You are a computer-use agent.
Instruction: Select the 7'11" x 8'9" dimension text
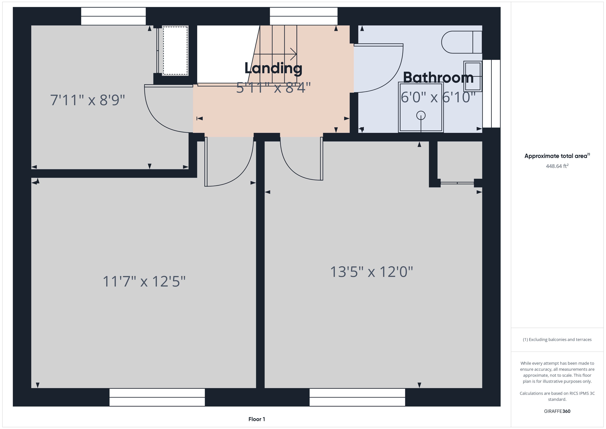click(x=87, y=100)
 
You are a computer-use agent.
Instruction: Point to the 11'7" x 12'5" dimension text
click(x=144, y=281)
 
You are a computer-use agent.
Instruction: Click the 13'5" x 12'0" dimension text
click(x=371, y=272)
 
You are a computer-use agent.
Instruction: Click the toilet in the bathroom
click(x=462, y=42)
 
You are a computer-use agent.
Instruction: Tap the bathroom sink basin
click(x=473, y=76)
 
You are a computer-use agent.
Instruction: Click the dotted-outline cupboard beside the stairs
click(x=175, y=51)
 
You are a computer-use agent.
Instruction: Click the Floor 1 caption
click(x=257, y=419)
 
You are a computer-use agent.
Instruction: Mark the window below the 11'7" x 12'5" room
click(x=157, y=397)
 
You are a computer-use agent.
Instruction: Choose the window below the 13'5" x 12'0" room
click(x=357, y=397)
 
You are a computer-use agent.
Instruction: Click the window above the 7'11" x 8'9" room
click(x=113, y=16)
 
